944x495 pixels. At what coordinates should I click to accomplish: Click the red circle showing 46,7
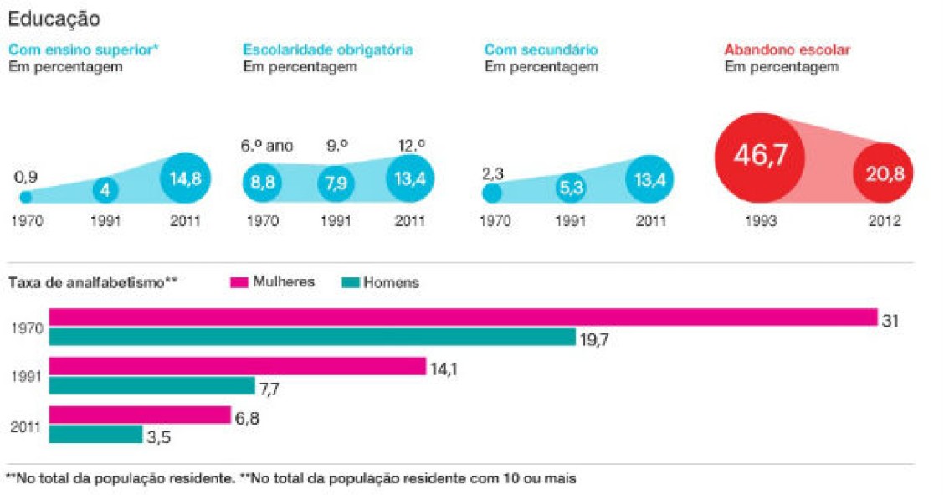(x=760, y=156)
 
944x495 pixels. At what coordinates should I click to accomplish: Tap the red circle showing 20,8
(x=883, y=175)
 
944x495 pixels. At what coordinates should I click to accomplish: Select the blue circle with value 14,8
(x=185, y=178)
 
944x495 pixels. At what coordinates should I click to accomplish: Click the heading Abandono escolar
(x=788, y=49)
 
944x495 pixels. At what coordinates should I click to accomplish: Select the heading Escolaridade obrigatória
(x=328, y=49)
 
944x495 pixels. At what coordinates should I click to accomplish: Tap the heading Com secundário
(x=541, y=49)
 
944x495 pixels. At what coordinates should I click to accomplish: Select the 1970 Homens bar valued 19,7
(x=312, y=337)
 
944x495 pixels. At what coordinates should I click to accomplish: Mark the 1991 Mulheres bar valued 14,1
(x=238, y=366)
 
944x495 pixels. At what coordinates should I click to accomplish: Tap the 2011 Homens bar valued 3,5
(x=95, y=435)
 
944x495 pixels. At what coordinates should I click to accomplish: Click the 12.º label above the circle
(x=412, y=145)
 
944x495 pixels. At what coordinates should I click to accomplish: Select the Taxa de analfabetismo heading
(x=92, y=282)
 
